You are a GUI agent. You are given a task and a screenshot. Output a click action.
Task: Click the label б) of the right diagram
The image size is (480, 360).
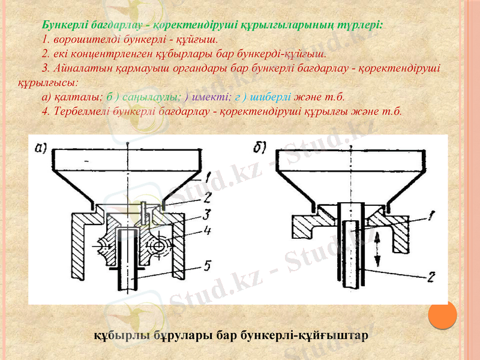pyautogui.click(x=262, y=147)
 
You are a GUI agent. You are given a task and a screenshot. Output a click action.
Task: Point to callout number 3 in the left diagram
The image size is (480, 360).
pyautogui.click(x=206, y=214)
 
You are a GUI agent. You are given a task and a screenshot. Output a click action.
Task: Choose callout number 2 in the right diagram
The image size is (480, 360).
pyautogui.click(x=431, y=277)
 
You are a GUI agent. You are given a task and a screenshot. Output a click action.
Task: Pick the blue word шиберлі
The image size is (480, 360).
pyautogui.click(x=271, y=96)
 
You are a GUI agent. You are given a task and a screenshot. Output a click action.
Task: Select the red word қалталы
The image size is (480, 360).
pyautogui.click(x=77, y=96)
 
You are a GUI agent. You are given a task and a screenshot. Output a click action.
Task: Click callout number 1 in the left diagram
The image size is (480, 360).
pyautogui.click(x=206, y=178)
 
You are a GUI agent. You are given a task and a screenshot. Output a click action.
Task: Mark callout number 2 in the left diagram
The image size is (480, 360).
pyautogui.click(x=206, y=196)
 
